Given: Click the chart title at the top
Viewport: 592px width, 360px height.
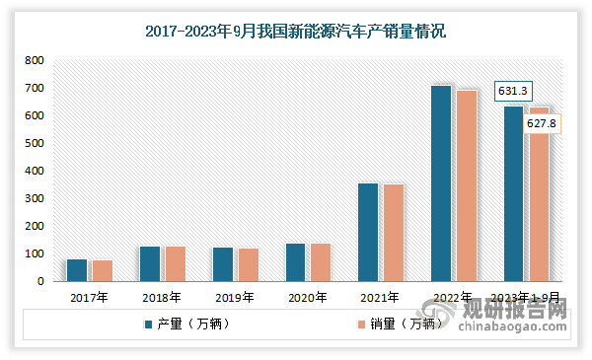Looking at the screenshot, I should click(x=295, y=32).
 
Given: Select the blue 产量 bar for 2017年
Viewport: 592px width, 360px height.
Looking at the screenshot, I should click(x=77, y=270).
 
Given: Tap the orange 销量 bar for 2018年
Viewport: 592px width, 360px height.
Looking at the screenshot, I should click(x=175, y=263).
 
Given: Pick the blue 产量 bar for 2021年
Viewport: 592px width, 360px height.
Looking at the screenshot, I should click(x=368, y=232).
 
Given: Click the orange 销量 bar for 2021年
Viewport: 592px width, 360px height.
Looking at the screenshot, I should click(x=393, y=233).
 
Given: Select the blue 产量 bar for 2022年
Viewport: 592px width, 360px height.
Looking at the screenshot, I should click(x=441, y=183).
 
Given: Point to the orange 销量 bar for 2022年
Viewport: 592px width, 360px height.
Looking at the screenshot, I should click(x=466, y=185).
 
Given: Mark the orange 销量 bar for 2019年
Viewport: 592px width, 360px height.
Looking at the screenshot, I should click(x=248, y=264).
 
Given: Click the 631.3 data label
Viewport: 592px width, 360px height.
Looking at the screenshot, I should click(x=512, y=92).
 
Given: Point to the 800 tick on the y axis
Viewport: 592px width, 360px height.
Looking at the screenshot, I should click(x=35, y=60).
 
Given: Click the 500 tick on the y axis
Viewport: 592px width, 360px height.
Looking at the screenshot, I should click(x=35, y=143).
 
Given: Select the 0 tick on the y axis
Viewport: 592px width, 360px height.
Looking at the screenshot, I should click(x=40, y=281).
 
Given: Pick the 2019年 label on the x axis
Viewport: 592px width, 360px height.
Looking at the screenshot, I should click(x=234, y=297).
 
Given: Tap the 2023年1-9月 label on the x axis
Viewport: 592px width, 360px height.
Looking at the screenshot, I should click(x=527, y=297).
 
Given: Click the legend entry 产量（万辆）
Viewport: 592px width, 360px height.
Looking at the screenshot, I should click(x=187, y=324).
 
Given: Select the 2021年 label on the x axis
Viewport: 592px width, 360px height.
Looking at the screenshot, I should click(x=380, y=297).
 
